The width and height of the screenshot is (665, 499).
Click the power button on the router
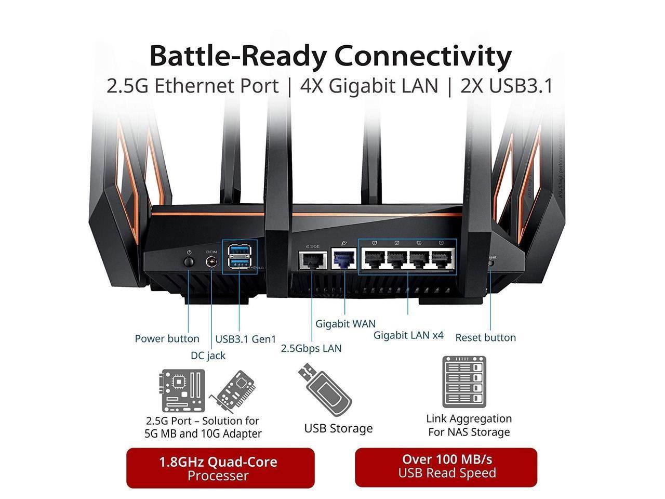point(189,260)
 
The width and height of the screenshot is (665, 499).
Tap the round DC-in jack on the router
point(211,262)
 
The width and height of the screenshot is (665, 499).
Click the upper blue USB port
point(240,253)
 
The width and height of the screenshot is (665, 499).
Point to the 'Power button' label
point(167,338)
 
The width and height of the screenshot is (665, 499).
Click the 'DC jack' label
point(208,356)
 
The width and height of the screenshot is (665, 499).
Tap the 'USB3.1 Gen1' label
point(246,339)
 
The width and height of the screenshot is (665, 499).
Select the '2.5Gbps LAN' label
point(311,348)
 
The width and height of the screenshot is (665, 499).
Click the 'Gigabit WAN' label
point(345,323)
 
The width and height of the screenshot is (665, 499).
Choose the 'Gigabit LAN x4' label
point(408,335)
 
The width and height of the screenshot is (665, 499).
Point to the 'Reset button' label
point(485,337)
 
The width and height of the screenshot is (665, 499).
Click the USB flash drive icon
point(324,390)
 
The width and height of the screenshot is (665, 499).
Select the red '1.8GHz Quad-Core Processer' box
point(220,468)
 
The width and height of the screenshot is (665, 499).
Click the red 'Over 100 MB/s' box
point(446,466)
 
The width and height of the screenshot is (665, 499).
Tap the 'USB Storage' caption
point(338,428)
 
